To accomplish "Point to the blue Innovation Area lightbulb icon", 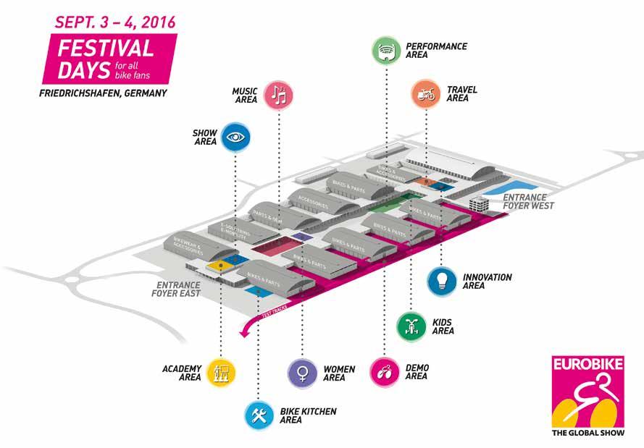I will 442,279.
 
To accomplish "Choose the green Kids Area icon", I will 411,325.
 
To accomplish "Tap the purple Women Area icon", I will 302,372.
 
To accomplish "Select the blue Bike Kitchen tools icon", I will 258,415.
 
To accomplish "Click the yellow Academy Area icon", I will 220,372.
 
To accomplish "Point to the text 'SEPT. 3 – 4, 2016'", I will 115,22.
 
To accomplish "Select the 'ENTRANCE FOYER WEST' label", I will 528,200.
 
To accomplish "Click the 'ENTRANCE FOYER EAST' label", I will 175,289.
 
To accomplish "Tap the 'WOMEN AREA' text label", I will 339,373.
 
